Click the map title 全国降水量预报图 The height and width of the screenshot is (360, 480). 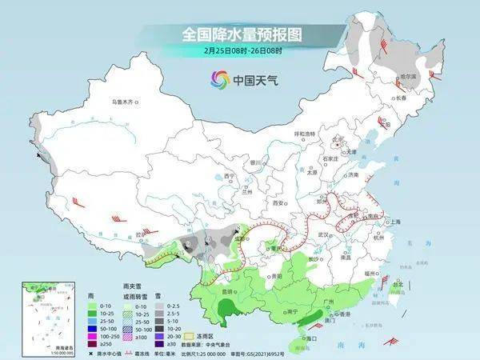pyautogui.click(x=239, y=35)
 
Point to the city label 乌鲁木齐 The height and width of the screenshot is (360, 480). pyautogui.click(x=125, y=102)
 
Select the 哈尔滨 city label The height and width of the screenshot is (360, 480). pyautogui.click(x=409, y=76)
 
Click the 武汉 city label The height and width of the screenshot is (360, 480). pyautogui.click(x=324, y=234)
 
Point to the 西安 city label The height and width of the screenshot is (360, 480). pyautogui.click(x=279, y=204)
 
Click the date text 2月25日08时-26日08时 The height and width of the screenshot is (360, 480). pyautogui.click(x=240, y=51)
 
